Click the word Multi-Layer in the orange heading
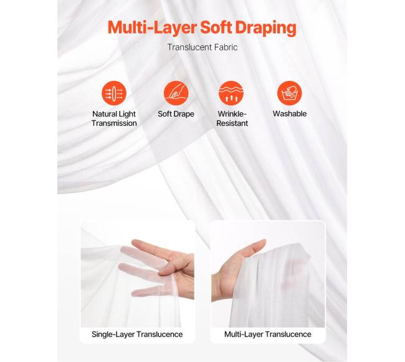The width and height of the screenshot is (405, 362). point(153,27)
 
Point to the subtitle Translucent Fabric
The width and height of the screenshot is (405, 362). point(202,47)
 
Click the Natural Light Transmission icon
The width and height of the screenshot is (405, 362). point(114,93)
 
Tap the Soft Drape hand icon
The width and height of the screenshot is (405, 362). point(176,93)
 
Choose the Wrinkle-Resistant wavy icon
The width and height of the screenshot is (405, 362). point(231,93)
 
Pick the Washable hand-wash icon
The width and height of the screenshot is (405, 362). point(290,93)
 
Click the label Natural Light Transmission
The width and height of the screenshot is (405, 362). point(114,118)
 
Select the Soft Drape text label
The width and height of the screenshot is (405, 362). point(176,114)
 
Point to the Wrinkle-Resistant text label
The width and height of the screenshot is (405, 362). point(232,118)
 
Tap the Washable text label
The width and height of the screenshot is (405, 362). point(290,113)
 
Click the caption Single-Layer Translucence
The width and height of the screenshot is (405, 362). point(137,335)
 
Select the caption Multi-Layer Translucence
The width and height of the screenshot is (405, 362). point(267,335)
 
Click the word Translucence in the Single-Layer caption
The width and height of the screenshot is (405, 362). point(160,335)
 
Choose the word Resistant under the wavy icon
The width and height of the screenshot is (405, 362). point(232,123)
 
